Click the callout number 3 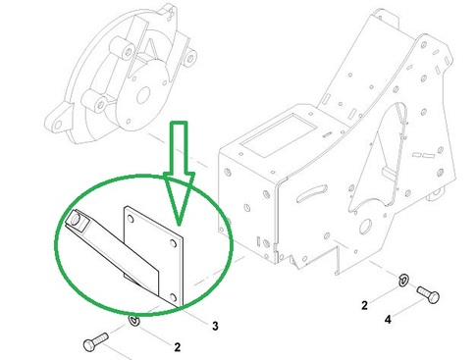pyautogui.click(x=215, y=326)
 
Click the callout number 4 pyautogui.click(x=388, y=319)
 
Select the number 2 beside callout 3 pyautogui.click(x=178, y=347)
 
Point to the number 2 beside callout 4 pyautogui.click(x=364, y=305)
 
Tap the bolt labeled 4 pyautogui.click(x=428, y=294)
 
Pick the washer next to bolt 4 pyautogui.click(x=404, y=281)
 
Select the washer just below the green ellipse pyautogui.click(x=134, y=321)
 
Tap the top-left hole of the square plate pyautogui.click(x=131, y=219)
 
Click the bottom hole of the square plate pyautogui.click(x=173, y=297)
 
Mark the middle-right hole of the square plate pyautogui.click(x=174, y=243)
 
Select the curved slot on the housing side pyautogui.click(x=311, y=193)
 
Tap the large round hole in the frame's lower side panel pyautogui.click(x=365, y=227)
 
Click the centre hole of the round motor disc pyautogui.click(x=143, y=95)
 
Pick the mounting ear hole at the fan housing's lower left pyautogui.click(x=58, y=125)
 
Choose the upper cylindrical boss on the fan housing pyautogui.click(x=121, y=49)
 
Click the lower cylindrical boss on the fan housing pyautogui.click(x=94, y=101)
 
